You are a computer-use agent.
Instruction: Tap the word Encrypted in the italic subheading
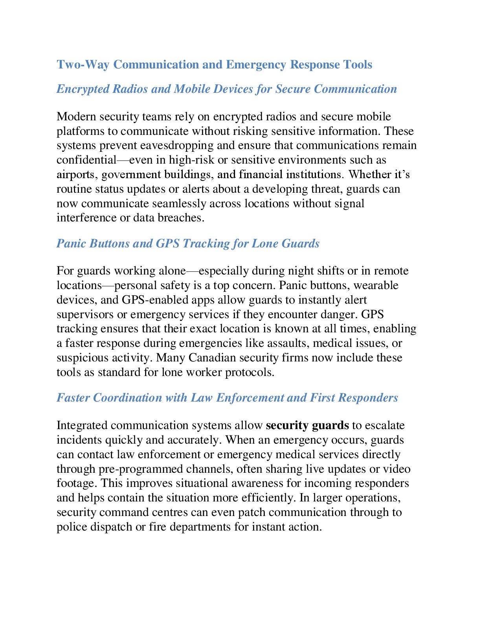click(x=83, y=89)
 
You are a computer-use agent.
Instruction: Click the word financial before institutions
click(x=261, y=174)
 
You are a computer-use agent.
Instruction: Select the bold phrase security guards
click(x=307, y=426)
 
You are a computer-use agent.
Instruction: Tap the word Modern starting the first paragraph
click(x=77, y=117)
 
